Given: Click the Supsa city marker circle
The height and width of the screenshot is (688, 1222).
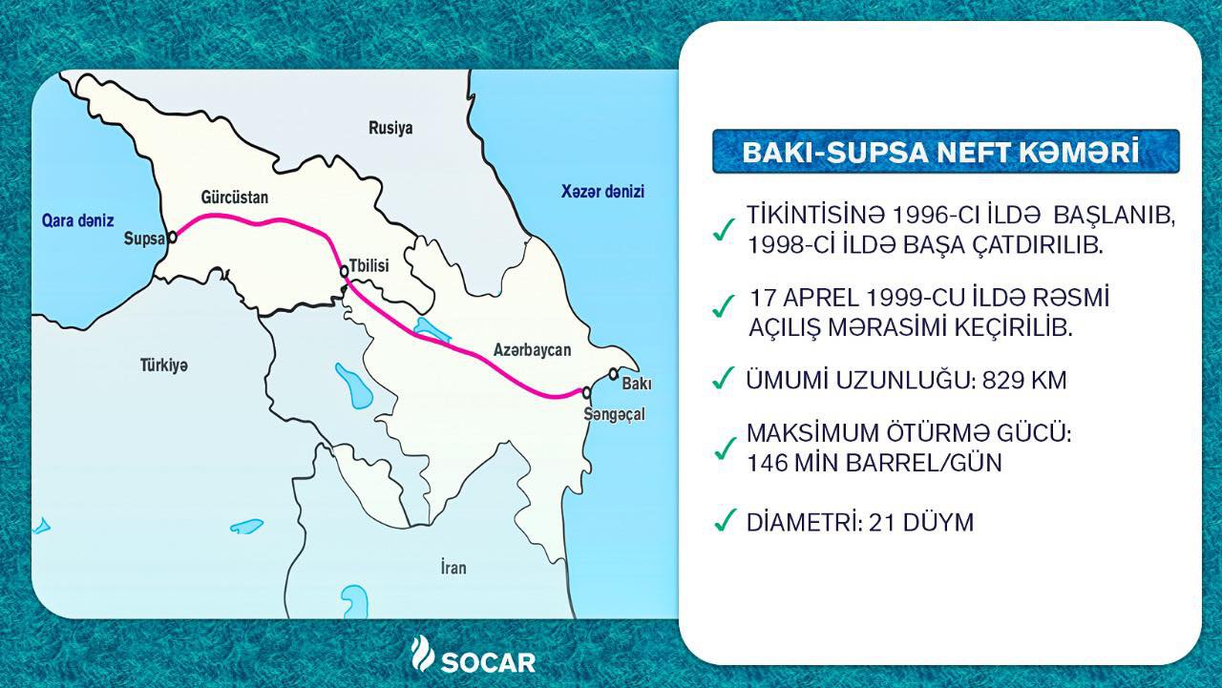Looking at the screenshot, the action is coord(173,238).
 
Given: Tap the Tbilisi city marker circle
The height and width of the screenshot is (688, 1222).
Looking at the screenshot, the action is coord(345,272).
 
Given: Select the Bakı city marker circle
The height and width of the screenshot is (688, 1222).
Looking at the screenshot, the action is coord(614,374).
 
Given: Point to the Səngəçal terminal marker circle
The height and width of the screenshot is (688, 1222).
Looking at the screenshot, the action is coord(587,392).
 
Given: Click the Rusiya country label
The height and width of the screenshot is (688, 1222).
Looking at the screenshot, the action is coord(390,128).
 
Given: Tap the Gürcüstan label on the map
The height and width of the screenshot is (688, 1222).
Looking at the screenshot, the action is coord(235,198).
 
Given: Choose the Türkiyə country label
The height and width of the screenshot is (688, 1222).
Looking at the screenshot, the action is coord(163,365).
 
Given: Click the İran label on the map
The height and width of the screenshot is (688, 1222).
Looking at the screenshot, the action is coord(453,568).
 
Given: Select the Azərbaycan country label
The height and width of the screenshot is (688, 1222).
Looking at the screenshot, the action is coord(532,350).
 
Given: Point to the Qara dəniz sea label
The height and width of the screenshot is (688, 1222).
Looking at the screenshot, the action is coord(78,220).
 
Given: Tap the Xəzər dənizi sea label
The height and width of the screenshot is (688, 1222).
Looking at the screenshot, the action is coord(602,192).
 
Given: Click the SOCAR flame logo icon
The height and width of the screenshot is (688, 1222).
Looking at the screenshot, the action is coord(422,654).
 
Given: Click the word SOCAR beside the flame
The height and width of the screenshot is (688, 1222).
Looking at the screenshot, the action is coord(488,663).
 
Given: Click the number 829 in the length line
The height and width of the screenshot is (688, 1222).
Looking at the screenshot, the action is coord(1001,381).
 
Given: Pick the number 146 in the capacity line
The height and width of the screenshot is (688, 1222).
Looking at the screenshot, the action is coord(767,464).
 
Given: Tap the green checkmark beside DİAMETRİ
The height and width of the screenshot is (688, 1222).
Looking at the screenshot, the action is coord(725,521).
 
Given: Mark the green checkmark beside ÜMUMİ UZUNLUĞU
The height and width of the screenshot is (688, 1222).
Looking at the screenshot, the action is coord(724,378).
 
